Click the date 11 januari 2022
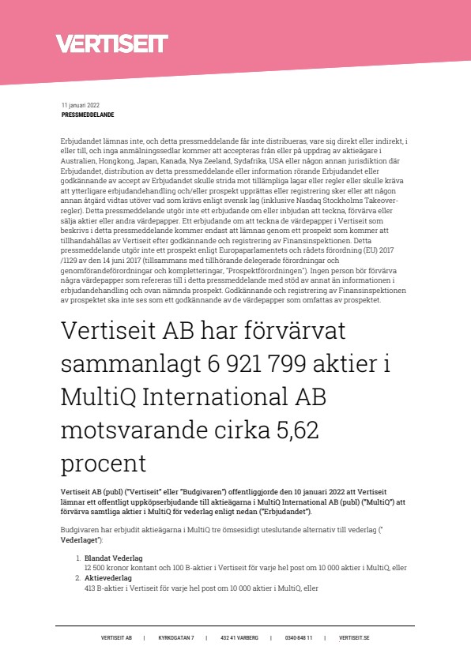(x=80, y=105)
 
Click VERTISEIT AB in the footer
(x=117, y=637)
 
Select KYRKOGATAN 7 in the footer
(x=176, y=637)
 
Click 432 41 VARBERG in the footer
(x=239, y=637)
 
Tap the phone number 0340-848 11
(x=299, y=637)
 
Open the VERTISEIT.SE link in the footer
(x=354, y=637)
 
